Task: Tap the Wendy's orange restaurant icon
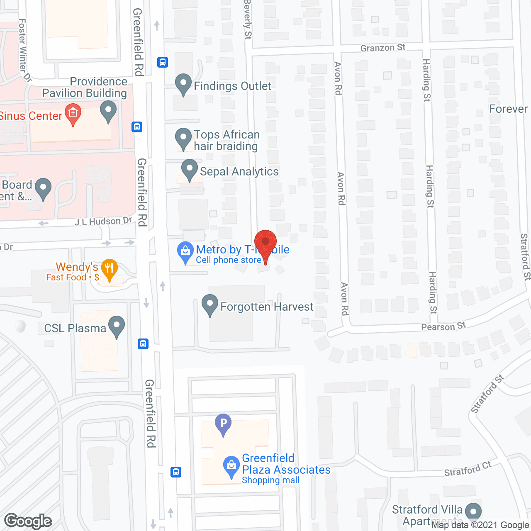click(x=109, y=268)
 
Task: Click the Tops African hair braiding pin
click(x=183, y=138)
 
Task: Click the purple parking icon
click(x=223, y=424)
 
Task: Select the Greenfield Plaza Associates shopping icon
click(x=231, y=466)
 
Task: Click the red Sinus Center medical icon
click(x=73, y=114)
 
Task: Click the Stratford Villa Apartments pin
click(x=473, y=512)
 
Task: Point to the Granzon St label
click(x=382, y=48)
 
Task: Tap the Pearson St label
click(x=443, y=326)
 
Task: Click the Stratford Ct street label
click(x=468, y=469)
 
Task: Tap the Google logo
click(x=28, y=521)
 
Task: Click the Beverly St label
click(x=248, y=19)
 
